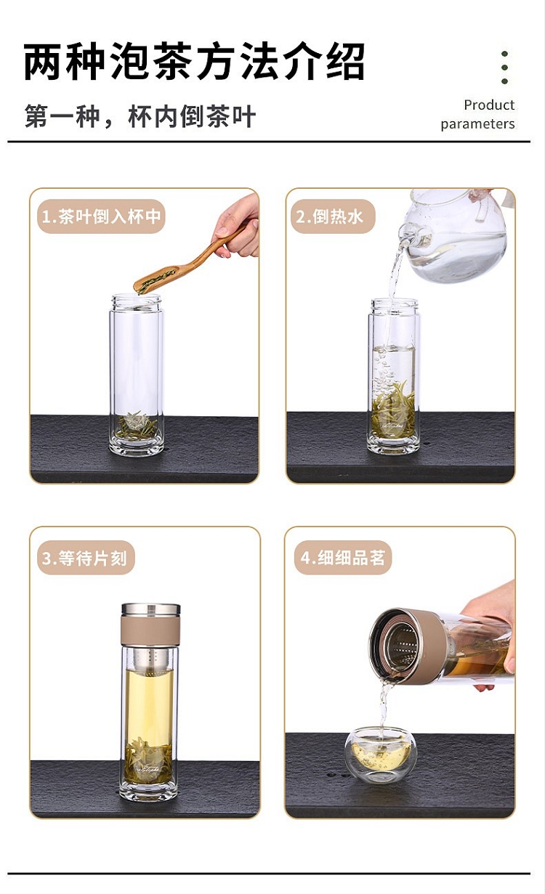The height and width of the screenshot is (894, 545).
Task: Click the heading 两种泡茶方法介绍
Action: (x=194, y=62)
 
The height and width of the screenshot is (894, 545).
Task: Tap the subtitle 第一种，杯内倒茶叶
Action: (x=140, y=116)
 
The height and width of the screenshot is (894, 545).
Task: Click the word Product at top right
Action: (x=489, y=105)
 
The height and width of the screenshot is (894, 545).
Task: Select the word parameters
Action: (x=477, y=124)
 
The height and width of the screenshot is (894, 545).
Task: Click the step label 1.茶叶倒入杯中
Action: (x=101, y=216)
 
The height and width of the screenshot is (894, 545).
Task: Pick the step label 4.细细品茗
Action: (x=342, y=558)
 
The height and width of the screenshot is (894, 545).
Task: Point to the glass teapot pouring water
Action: (x=455, y=235)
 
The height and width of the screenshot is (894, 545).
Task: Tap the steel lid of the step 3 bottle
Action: (x=150, y=609)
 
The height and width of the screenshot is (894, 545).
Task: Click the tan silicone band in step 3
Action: (x=150, y=630)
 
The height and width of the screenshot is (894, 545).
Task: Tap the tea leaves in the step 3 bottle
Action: (x=148, y=760)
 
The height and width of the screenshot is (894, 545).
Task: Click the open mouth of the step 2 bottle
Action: (x=394, y=303)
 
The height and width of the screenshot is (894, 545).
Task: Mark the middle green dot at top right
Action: (x=504, y=68)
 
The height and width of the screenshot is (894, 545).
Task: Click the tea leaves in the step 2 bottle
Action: (x=393, y=411)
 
